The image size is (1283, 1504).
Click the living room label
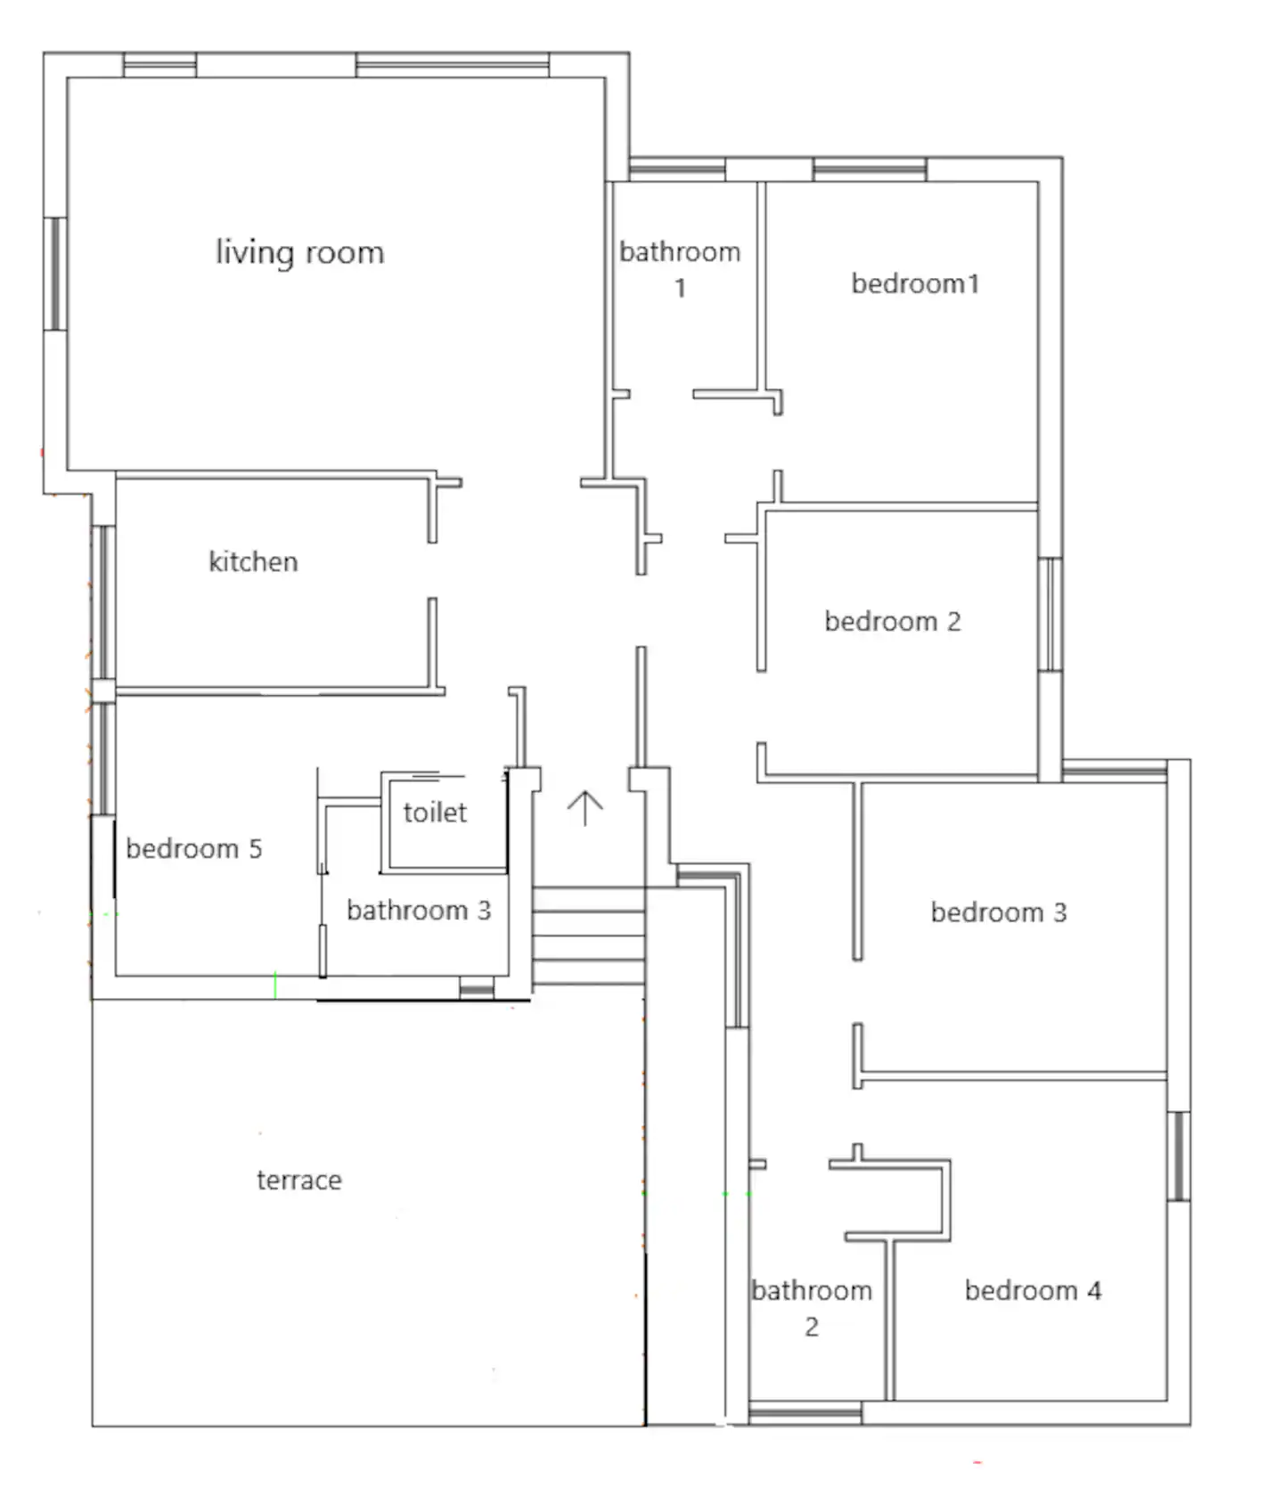299,253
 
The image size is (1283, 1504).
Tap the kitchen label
253,561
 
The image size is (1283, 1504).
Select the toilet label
435,812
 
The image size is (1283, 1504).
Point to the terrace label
299,1180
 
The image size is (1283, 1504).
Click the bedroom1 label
915,283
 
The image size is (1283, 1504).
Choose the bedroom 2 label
893,621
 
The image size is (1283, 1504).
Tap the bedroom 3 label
999,912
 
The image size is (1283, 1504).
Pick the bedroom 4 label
1033,1290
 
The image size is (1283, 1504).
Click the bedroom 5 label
194,848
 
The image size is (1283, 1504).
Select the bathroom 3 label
419,910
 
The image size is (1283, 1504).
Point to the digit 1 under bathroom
680,288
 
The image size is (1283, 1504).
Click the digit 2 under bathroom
812,1327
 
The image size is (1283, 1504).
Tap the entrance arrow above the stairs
584,808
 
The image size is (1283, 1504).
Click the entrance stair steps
589,936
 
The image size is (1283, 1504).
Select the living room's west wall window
55,274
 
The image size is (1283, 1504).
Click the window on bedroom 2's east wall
1050,614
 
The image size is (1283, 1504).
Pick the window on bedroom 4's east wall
1178,1156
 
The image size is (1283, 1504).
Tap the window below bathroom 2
805,1412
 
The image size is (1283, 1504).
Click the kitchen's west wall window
103,602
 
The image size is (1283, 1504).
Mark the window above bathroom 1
676,169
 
